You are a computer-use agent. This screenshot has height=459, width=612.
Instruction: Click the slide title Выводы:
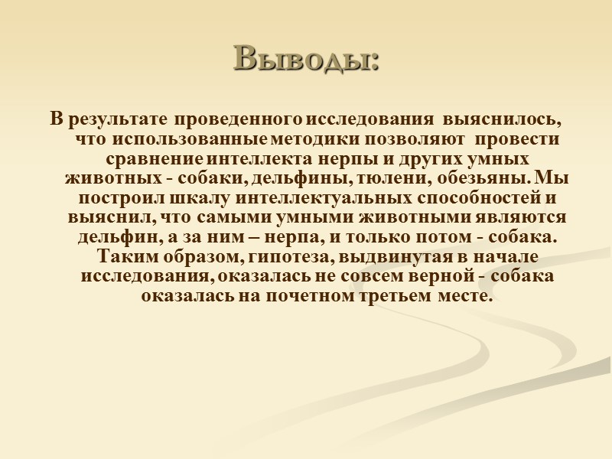(x=306, y=58)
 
